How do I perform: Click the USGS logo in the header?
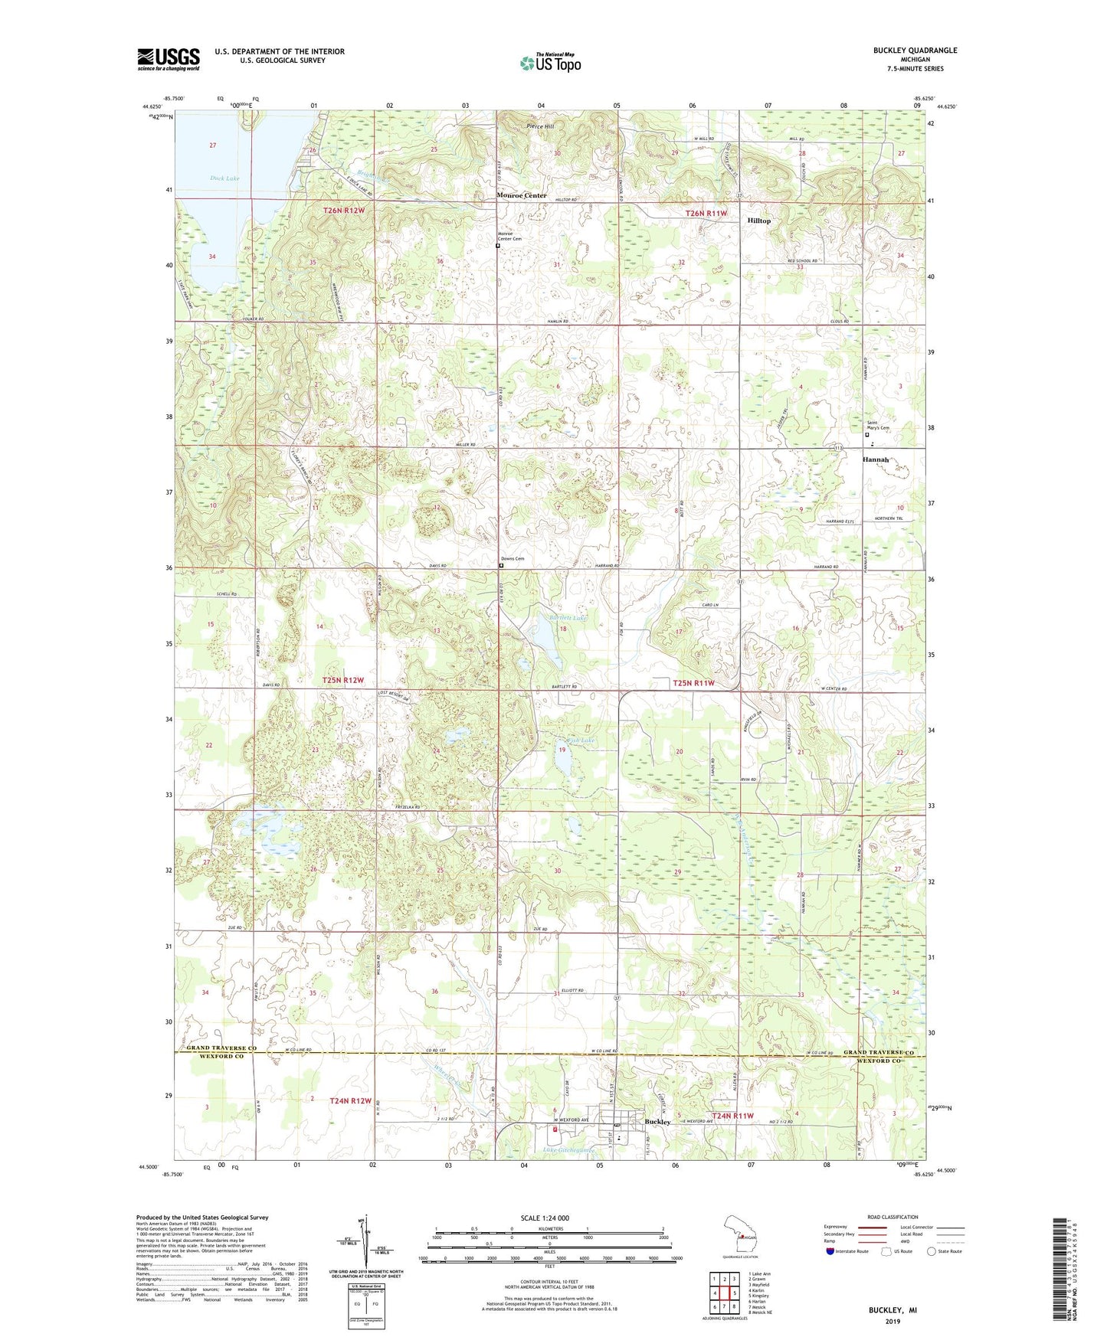click(169, 58)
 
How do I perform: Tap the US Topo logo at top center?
click(550, 62)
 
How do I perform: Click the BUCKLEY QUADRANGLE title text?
click(915, 51)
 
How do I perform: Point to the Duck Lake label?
click(224, 178)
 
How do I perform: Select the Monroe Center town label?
click(522, 195)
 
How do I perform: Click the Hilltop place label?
click(758, 221)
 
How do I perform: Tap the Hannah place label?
click(876, 459)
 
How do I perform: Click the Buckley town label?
click(657, 1122)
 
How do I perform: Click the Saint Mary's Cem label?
click(878, 426)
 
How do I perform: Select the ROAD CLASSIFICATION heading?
click(892, 1217)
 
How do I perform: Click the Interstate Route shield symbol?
click(830, 1251)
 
